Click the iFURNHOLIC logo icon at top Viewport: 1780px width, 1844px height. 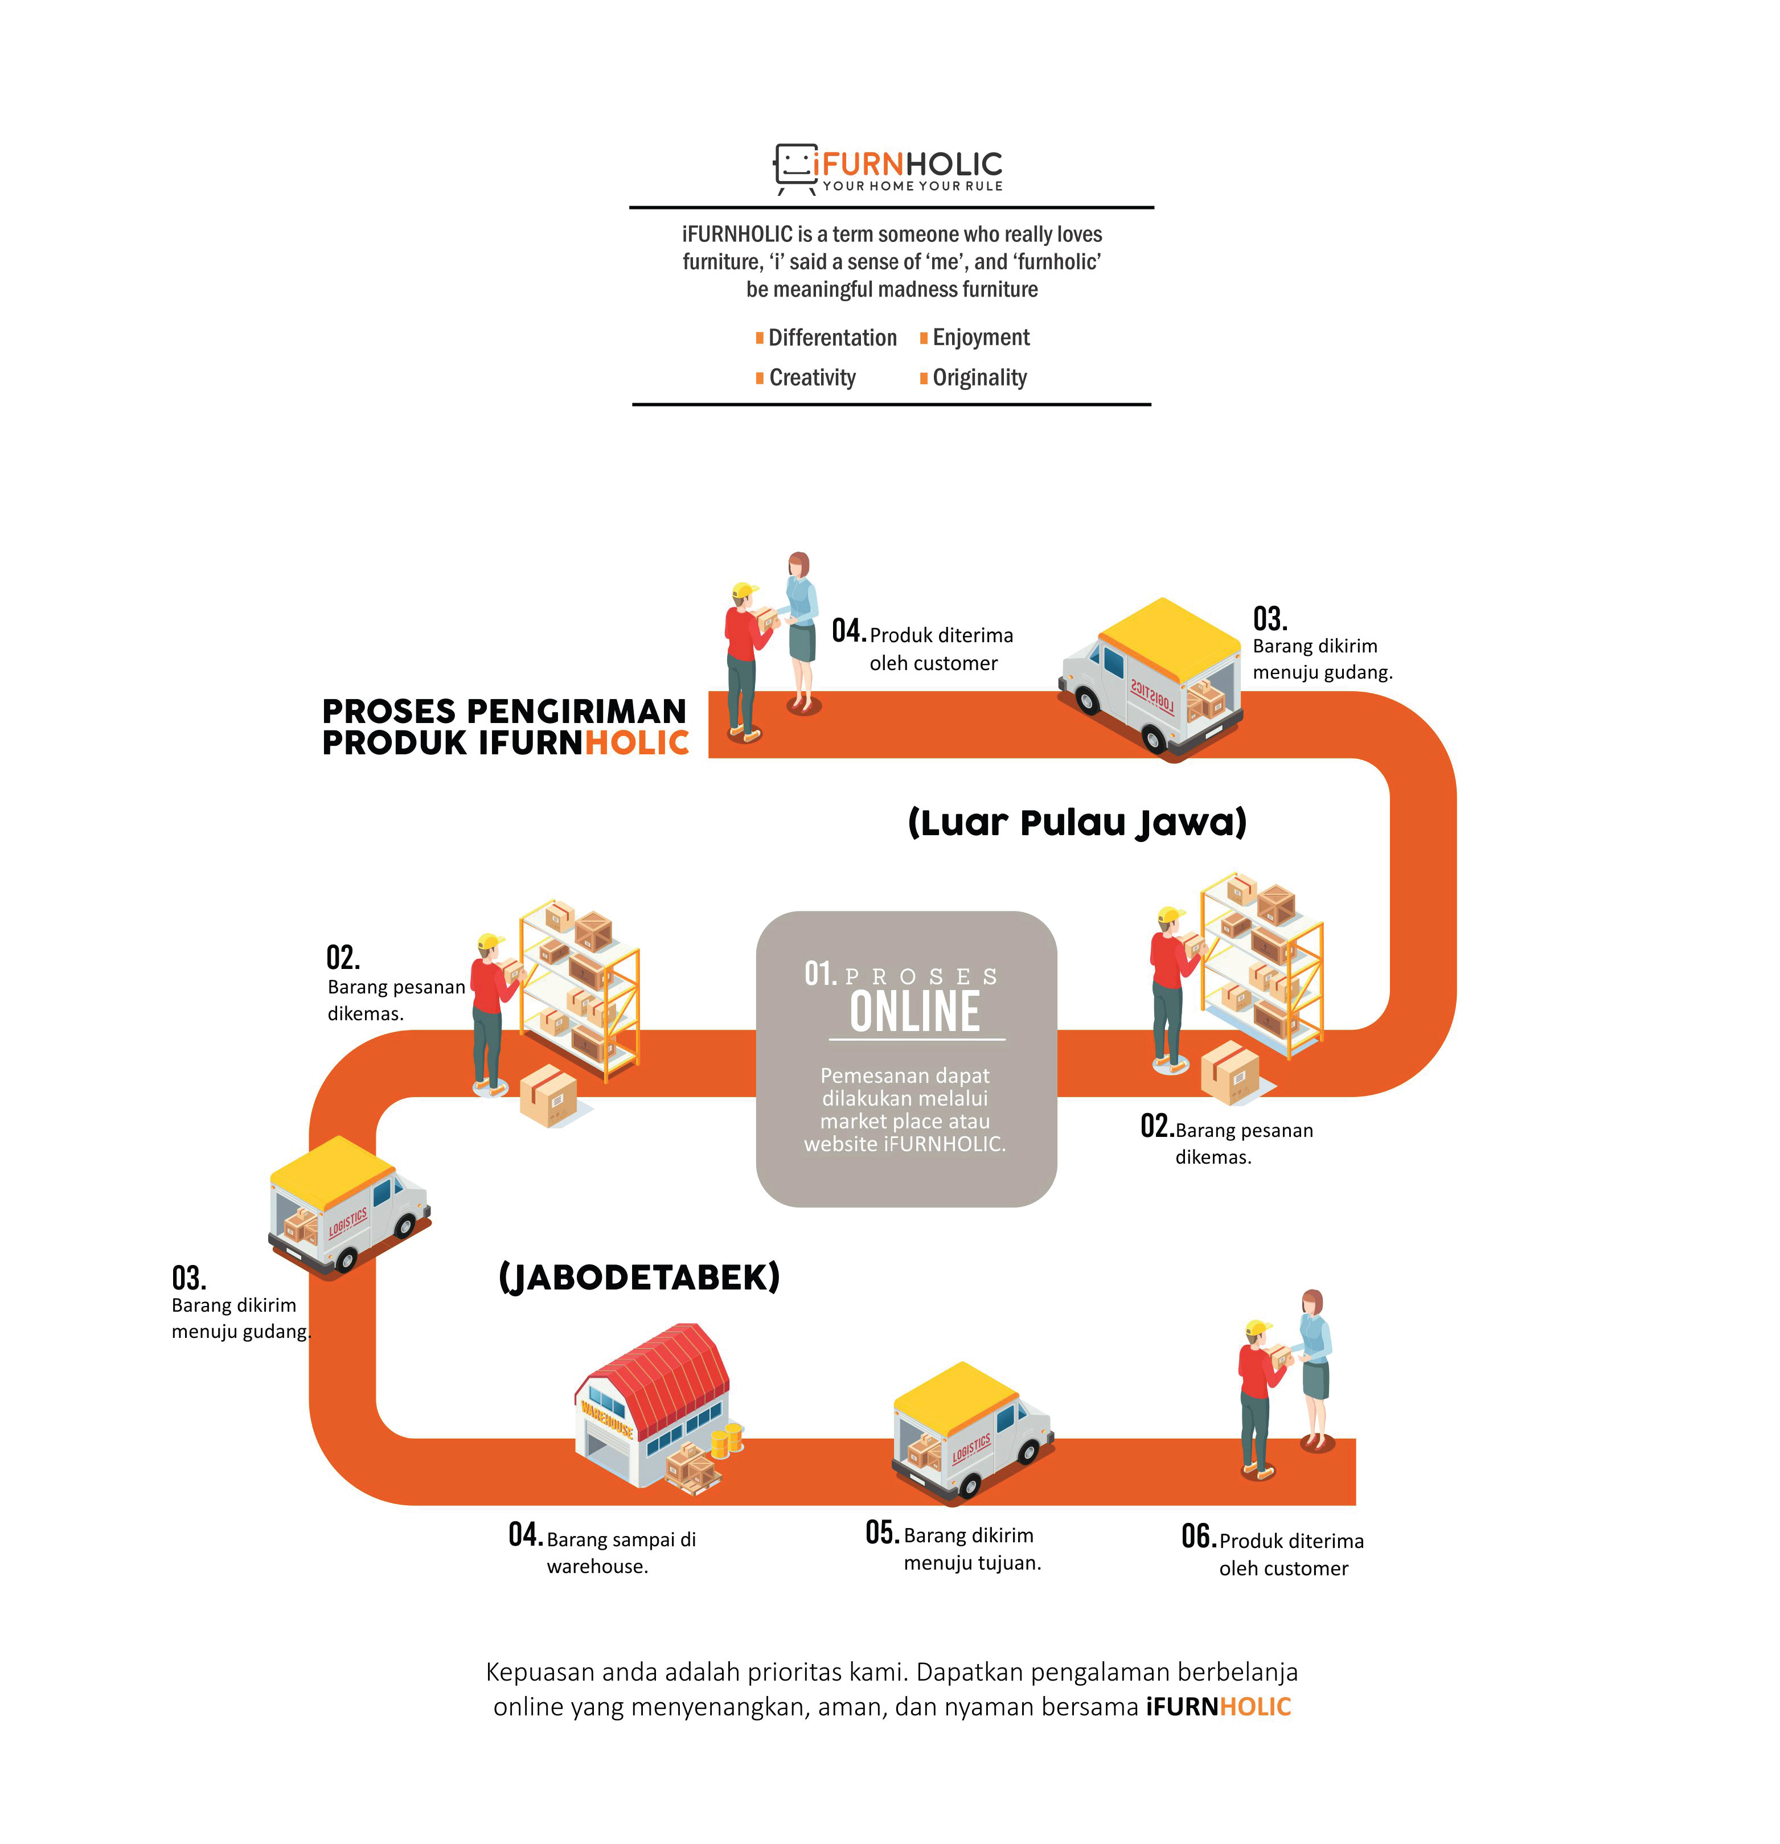(795, 167)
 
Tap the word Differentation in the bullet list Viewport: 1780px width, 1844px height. (832, 338)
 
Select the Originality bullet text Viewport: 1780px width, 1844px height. (979, 378)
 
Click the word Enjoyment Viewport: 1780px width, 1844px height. (981, 338)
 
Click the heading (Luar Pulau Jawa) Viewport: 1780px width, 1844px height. (1077, 822)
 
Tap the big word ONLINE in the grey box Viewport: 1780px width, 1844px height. (914, 1012)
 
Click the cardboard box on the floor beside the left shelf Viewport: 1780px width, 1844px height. (548, 1095)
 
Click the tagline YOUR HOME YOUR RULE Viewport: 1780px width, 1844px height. (913, 186)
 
